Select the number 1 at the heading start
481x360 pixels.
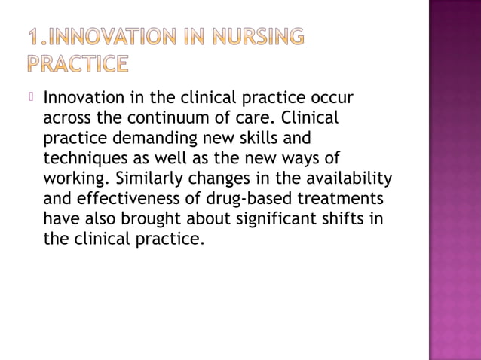point(35,38)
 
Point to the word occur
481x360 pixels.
point(330,99)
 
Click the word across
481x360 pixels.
point(67,118)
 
